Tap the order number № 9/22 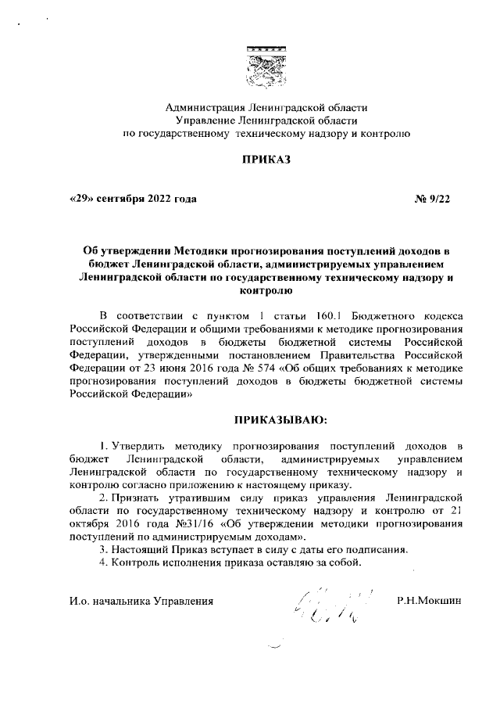tap(432, 199)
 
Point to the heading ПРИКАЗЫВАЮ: tap(265, 421)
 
